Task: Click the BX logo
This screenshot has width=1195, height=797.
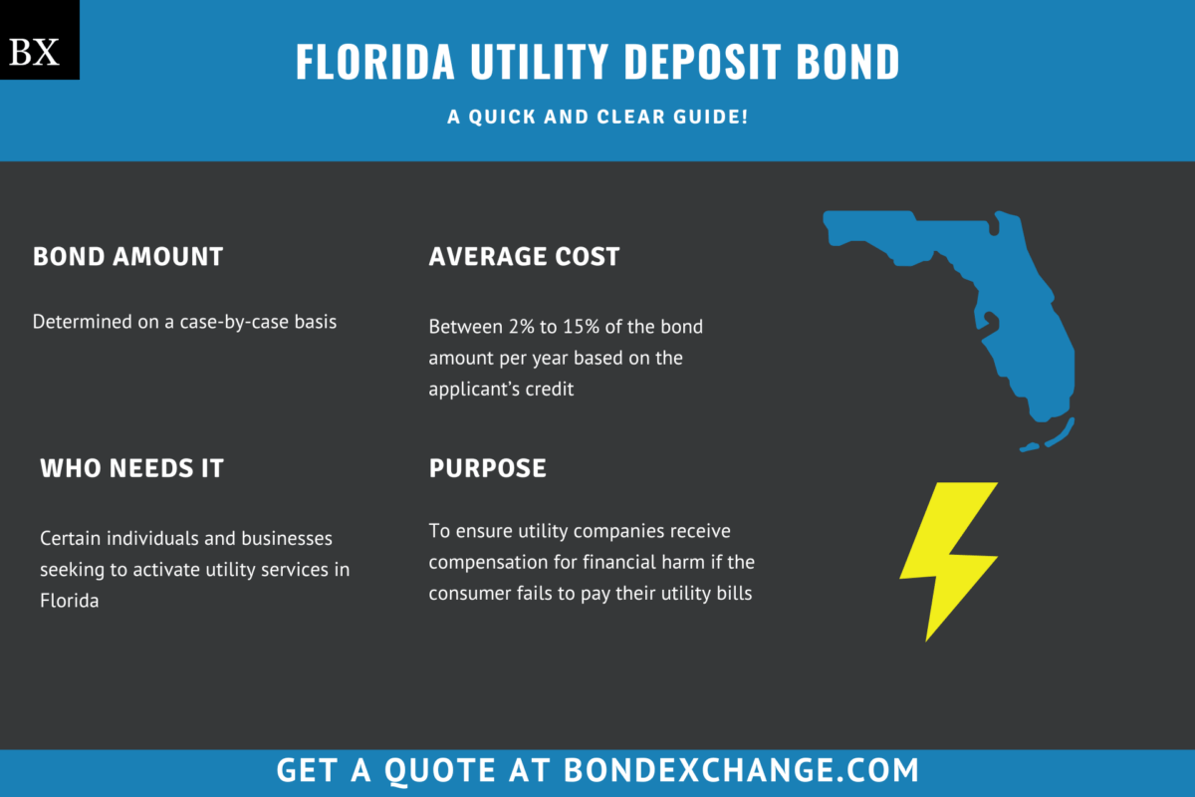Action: click(39, 40)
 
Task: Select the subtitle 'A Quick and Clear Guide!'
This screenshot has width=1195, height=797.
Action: click(597, 118)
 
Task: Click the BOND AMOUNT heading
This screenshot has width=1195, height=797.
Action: click(127, 256)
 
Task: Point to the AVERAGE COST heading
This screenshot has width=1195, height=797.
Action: click(524, 256)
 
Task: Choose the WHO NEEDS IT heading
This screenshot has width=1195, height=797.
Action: click(131, 467)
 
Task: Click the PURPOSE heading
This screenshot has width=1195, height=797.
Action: click(487, 467)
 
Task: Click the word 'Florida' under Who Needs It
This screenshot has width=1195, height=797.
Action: click(69, 601)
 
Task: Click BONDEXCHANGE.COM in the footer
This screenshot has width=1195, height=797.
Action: click(741, 770)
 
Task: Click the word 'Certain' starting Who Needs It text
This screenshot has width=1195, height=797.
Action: click(71, 538)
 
